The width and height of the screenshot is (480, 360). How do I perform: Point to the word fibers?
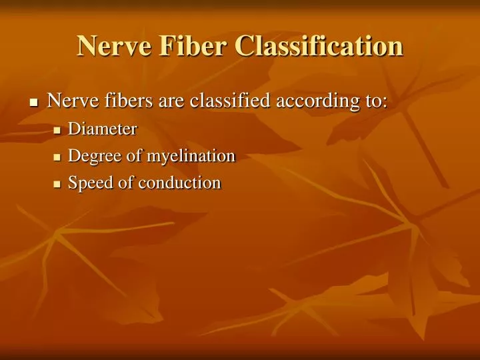(123, 101)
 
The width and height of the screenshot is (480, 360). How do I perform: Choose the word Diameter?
(103, 128)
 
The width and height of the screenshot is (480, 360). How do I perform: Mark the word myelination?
(191, 157)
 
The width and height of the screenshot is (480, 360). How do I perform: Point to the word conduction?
(179, 183)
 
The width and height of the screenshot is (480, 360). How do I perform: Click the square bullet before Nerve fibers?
(34, 103)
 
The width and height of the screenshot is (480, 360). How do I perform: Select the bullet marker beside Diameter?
(57, 129)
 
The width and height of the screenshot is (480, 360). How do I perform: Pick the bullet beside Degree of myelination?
(57, 157)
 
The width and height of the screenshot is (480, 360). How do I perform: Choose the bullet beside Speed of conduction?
(57, 184)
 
